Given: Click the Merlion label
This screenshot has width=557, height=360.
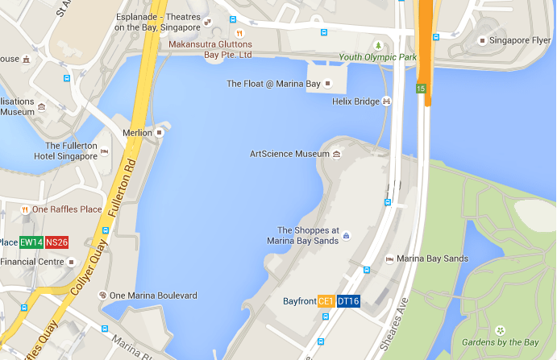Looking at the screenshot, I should (137, 132).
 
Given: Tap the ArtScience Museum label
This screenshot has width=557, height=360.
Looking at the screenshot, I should (289, 154).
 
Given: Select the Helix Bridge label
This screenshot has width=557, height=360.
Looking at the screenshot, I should (355, 102).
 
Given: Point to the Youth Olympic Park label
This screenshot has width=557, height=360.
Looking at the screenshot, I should (377, 58).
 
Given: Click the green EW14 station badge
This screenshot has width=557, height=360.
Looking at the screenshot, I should (31, 242).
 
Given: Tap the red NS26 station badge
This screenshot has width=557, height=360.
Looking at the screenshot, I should (56, 242).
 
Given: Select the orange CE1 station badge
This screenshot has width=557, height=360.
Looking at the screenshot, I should (326, 301).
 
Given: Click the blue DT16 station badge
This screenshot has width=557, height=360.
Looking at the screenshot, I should (348, 301).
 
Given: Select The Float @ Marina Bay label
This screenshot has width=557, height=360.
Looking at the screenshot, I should (273, 84).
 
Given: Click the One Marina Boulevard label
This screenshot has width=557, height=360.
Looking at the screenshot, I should (153, 296).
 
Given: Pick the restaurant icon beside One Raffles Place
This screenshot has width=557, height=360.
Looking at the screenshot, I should (25, 209).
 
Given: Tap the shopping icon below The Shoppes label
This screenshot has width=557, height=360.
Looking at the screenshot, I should (346, 236).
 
